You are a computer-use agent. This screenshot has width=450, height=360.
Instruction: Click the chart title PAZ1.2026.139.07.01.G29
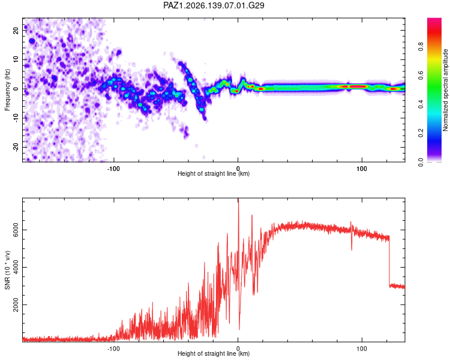(214, 5)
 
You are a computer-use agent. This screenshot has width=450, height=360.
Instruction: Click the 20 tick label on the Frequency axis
(16, 30)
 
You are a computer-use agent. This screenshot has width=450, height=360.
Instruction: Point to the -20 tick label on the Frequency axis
(16, 148)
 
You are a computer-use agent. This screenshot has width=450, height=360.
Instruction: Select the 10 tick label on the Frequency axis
(16, 59)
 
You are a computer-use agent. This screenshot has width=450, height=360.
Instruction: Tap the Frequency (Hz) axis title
(7, 90)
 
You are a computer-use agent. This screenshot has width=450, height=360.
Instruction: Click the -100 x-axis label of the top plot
(113, 169)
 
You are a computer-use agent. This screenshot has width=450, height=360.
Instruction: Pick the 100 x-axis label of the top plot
(362, 169)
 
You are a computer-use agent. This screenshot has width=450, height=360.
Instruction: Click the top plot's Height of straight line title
(214, 173)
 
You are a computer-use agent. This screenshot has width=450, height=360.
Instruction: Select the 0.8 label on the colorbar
(421, 46)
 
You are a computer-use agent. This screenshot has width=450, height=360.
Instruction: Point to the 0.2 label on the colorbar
(421, 133)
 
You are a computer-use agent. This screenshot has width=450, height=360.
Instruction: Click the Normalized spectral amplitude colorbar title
(445, 90)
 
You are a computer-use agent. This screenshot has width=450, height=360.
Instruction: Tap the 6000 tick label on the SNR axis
(16, 230)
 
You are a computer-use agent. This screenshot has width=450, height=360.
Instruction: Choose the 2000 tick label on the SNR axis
(16, 305)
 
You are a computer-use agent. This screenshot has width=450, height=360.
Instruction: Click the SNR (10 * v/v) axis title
(7, 270)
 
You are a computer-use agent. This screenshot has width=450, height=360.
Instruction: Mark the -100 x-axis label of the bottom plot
(113, 349)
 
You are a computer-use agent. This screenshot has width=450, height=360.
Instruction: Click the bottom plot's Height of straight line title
(214, 353)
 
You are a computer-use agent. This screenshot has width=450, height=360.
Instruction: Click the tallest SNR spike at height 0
(238, 199)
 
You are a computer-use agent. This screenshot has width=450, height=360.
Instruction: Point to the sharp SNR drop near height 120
(389, 261)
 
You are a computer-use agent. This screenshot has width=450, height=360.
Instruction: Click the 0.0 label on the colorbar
(421, 162)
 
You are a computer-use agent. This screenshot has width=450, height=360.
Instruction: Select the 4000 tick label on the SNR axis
(16, 267)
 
